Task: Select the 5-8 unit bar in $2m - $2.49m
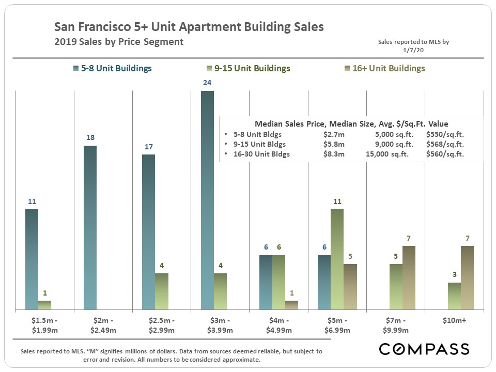point(90,227)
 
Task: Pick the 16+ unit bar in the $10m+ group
point(467,277)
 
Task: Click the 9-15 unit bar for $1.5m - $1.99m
point(45,305)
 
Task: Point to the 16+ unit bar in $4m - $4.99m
point(292,305)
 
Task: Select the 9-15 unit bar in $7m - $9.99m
point(396,287)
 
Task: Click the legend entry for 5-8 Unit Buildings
point(113,68)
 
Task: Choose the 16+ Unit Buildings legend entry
point(387,68)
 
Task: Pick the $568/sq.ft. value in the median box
point(445,144)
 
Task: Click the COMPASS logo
point(424,349)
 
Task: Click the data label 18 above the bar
point(90,138)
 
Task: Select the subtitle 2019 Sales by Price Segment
point(119,42)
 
